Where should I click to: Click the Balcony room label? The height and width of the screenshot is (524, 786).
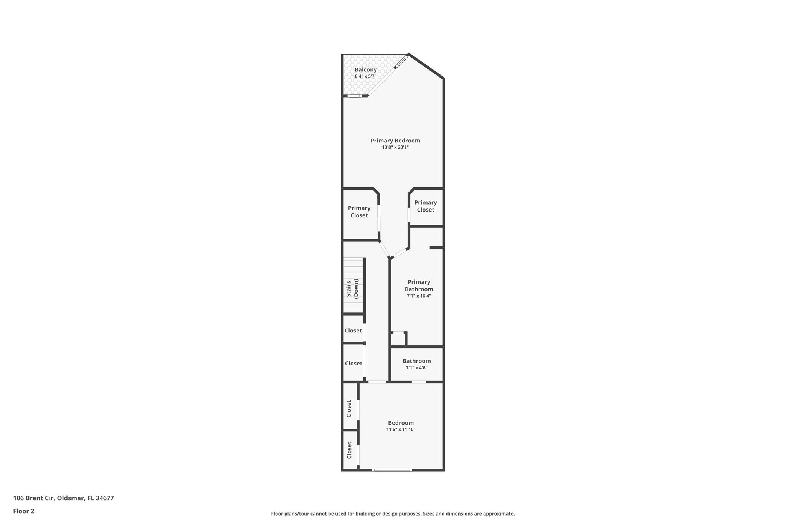[365, 69]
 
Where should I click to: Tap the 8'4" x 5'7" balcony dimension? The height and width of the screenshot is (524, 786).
[365, 76]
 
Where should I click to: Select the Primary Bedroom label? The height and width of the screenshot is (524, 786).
[395, 141]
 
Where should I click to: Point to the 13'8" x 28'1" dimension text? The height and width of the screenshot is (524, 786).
[395, 147]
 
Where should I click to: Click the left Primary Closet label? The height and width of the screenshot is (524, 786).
[359, 212]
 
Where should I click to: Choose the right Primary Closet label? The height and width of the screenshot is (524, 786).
[425, 206]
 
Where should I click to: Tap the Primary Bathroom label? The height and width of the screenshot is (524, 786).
[419, 286]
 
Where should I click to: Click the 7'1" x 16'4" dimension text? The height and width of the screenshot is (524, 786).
[419, 296]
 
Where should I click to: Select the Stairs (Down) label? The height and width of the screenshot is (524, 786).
[352, 289]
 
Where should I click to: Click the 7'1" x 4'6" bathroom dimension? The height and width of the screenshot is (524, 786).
[416, 368]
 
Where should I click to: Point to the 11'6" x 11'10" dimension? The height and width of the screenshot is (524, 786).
[401, 430]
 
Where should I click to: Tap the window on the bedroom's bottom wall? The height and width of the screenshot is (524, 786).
[392, 470]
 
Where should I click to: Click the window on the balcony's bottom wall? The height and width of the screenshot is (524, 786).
[354, 96]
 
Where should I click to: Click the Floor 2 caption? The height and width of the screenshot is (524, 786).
[24, 511]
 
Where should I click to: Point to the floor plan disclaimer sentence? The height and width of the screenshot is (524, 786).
[393, 514]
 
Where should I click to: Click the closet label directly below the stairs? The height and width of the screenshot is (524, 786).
[353, 331]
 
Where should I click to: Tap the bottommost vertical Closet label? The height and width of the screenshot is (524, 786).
[349, 450]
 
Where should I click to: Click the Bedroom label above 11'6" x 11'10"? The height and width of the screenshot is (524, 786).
[401, 423]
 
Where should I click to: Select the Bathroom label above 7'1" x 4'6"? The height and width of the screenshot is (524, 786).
[416, 361]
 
